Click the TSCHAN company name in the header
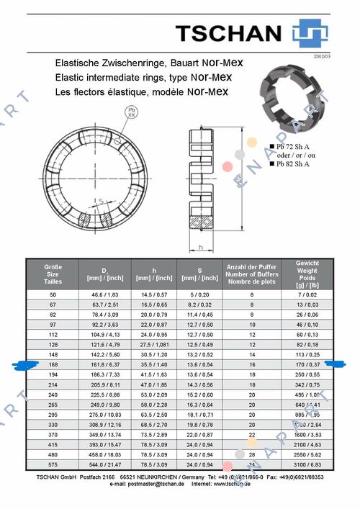(228, 32)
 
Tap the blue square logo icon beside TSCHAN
(310, 33)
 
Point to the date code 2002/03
(322, 55)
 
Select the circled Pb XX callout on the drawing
(131, 112)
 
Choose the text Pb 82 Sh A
(296, 163)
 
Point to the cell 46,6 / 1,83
(104, 295)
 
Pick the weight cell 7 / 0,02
(307, 295)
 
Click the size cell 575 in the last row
(53, 466)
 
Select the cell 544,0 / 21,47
(104, 466)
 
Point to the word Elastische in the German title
(76, 63)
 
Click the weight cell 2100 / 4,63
(307, 446)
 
